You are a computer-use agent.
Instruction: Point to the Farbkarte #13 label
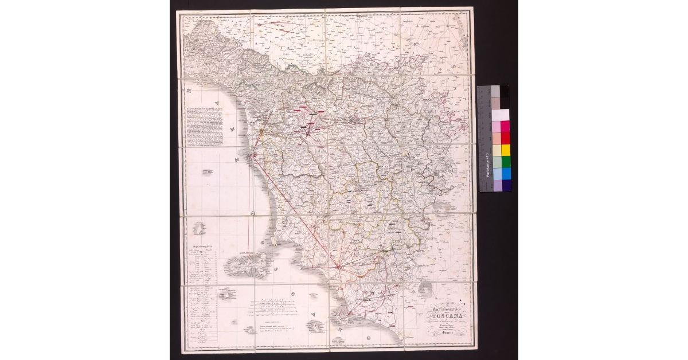pos(487,169)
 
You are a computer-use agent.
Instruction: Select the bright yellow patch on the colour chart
pos(506,150)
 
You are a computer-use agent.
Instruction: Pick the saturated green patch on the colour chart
pos(506,162)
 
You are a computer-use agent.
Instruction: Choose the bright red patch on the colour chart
pos(506,138)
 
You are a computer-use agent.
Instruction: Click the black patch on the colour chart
pos(505,91)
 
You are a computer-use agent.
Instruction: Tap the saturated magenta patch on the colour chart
pos(505,127)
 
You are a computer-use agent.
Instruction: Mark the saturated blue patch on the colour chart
pos(506,174)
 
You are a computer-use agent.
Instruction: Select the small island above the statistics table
pos(200,229)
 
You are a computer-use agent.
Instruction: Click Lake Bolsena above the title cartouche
pos(427,289)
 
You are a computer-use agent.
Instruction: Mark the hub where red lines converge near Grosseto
pos(338,266)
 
